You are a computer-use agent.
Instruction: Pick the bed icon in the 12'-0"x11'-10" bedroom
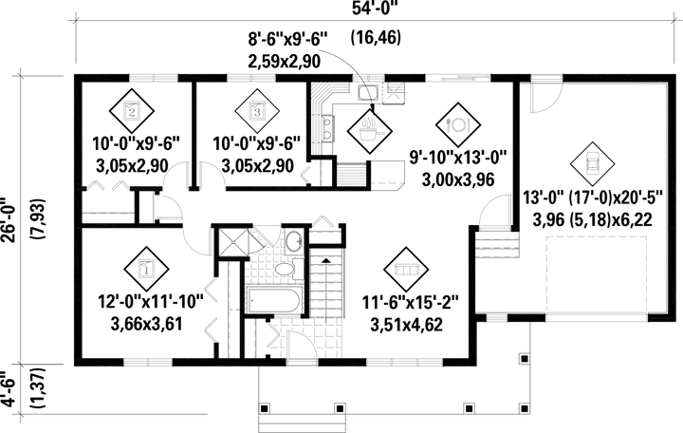click(144, 269)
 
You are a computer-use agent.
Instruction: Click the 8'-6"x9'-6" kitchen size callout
click(287, 40)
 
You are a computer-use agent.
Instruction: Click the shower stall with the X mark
click(229, 241)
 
